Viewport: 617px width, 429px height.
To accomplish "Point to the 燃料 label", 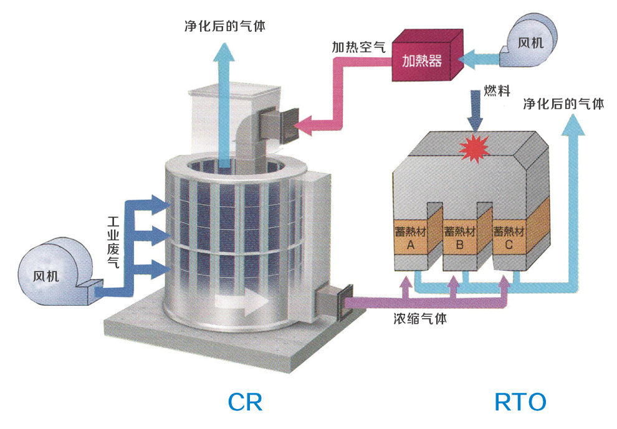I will (x=497, y=91).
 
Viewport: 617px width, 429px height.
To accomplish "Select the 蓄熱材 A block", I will (x=410, y=239).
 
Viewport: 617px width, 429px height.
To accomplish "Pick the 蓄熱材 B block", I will (x=460, y=239).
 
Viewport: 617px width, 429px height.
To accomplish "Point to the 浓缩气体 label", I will (x=419, y=319).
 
